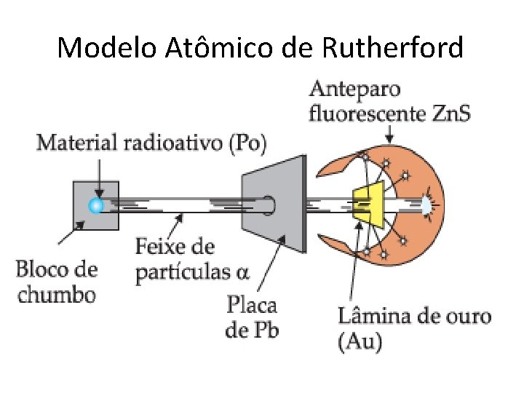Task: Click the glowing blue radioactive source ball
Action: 95,206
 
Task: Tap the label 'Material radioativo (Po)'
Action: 151,143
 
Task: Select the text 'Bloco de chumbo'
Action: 56,282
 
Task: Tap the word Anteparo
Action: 355,90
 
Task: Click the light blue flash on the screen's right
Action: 425,205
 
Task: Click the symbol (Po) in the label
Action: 247,143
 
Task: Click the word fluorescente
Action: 368,113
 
